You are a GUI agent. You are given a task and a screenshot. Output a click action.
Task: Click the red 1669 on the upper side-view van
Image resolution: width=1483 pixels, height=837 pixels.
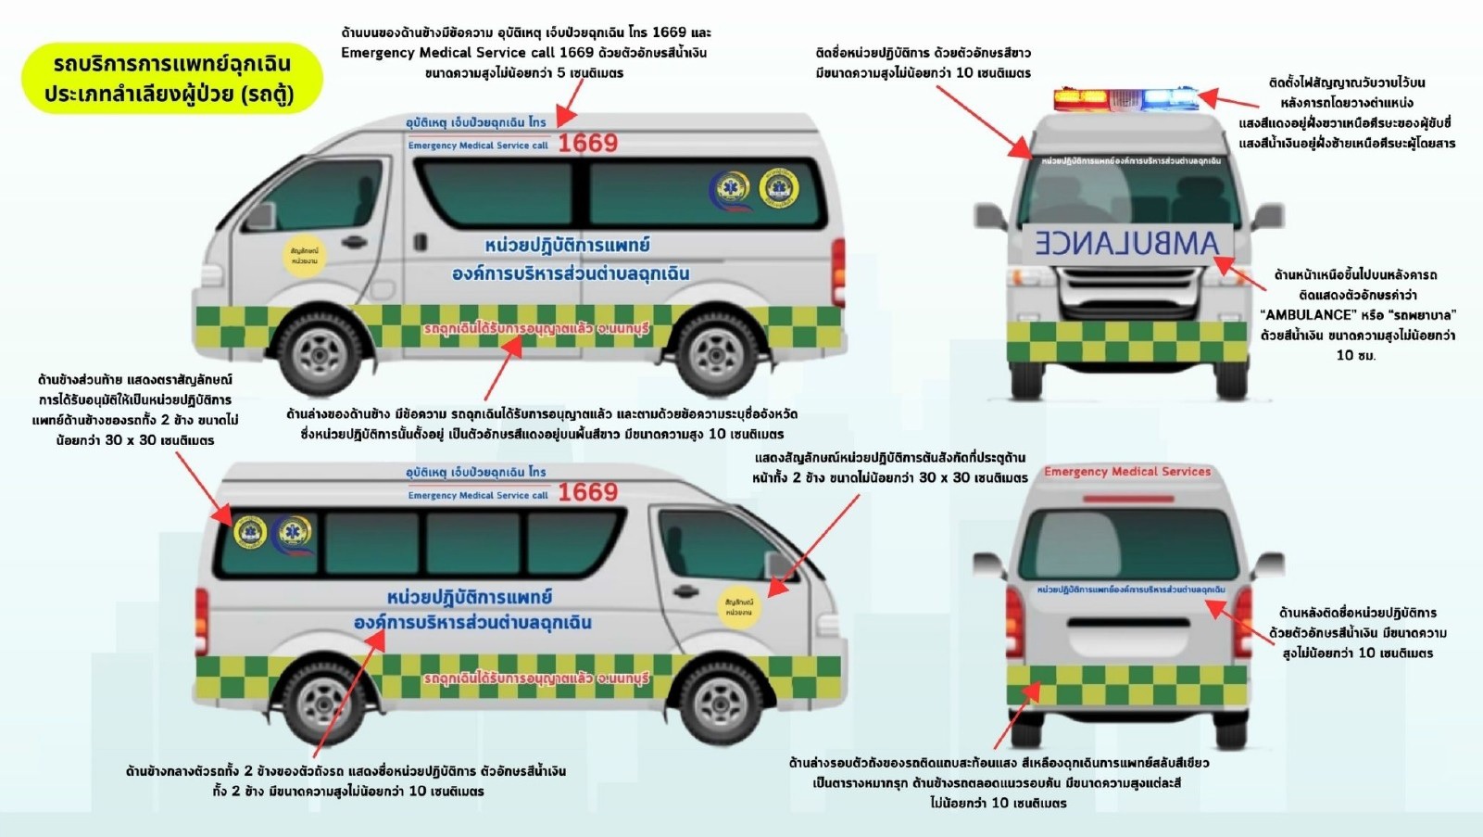(x=587, y=143)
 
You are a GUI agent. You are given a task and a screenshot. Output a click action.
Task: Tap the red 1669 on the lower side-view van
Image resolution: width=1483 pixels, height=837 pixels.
(x=587, y=491)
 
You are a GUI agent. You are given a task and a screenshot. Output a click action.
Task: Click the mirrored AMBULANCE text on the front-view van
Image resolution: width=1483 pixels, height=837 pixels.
(x=1127, y=244)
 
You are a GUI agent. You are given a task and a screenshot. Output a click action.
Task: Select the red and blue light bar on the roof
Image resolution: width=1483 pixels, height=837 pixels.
(x=1125, y=98)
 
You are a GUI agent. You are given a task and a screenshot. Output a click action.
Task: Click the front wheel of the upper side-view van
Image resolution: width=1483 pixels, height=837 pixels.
(x=320, y=353)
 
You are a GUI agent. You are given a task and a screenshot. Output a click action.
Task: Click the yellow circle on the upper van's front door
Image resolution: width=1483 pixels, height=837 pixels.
(x=304, y=255)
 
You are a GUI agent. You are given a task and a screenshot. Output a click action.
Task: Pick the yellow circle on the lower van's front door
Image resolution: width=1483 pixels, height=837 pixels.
(x=739, y=606)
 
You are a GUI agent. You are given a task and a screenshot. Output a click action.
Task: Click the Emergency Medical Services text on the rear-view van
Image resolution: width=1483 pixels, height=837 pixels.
(x=1127, y=472)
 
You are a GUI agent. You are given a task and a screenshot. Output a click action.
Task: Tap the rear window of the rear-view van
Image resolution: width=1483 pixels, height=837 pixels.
(x=1127, y=544)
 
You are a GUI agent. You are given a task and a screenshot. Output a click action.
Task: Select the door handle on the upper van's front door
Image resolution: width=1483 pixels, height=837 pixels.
(x=353, y=242)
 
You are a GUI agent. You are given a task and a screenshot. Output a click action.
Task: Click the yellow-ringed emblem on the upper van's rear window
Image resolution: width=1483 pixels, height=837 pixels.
(x=778, y=188)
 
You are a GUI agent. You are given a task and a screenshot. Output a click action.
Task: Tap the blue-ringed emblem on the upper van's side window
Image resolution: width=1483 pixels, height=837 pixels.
(x=730, y=190)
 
